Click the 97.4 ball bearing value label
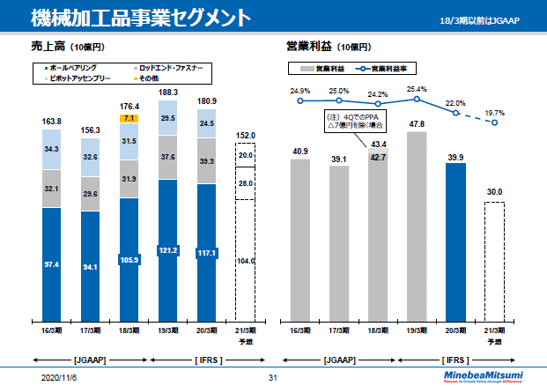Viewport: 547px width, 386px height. click(51, 264)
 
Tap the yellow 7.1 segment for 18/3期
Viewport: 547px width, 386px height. click(129, 117)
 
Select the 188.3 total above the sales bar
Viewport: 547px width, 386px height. click(167, 92)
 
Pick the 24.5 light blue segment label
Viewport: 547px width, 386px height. click(206, 124)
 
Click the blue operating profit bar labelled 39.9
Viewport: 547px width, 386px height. click(455, 238)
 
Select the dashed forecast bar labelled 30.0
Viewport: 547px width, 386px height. click(494, 260)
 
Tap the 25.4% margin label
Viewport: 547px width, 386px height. click(418, 89)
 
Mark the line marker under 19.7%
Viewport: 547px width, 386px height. click(495, 122)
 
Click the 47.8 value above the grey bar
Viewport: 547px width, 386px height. click(418, 124)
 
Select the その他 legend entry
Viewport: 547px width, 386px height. click(150, 78)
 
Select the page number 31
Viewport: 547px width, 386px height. click(273, 377)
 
